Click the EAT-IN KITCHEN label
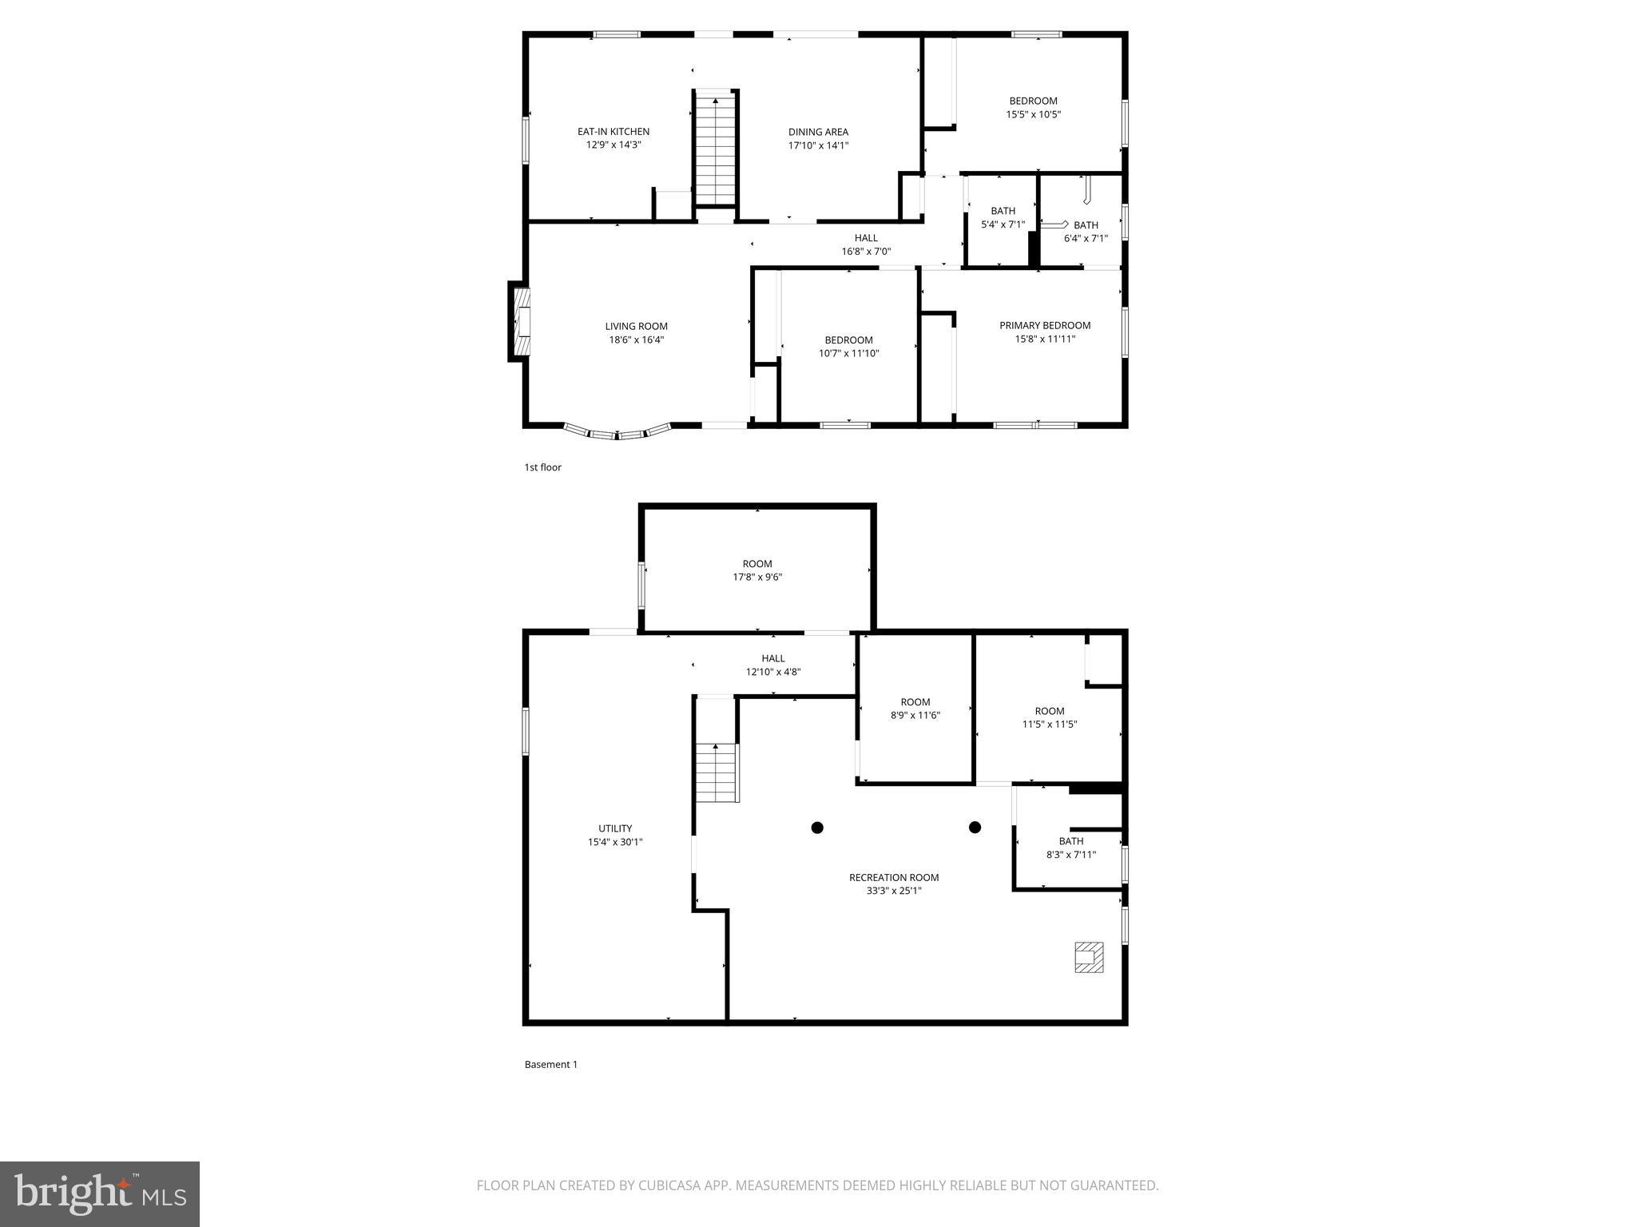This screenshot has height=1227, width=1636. coord(613,132)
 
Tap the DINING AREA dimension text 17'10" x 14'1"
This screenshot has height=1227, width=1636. coord(818,145)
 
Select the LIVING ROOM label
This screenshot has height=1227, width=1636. coord(636,326)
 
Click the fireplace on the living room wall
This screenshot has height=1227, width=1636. coord(521,321)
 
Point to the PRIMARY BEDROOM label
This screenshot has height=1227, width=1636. coord(1045,325)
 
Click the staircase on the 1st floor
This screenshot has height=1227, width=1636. coord(716,150)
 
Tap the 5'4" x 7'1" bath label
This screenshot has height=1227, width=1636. coord(1003,224)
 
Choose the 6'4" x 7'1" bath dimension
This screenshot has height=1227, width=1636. coord(1086,238)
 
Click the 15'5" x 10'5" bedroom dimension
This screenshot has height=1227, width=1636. coord(1033,114)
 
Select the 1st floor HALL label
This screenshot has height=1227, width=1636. coord(866,237)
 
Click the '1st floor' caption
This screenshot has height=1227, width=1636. coord(542,467)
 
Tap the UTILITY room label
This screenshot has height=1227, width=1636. coord(615,828)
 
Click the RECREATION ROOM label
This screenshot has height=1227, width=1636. coord(894,877)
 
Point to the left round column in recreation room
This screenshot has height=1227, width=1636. coord(817,828)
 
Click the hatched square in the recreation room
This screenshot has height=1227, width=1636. coord(1089,957)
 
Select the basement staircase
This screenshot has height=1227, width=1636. coord(716,772)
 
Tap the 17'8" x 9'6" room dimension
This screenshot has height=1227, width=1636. coord(757,577)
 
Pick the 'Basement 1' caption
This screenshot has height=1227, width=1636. coord(550,1064)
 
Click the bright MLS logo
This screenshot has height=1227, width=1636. coord(100,1194)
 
